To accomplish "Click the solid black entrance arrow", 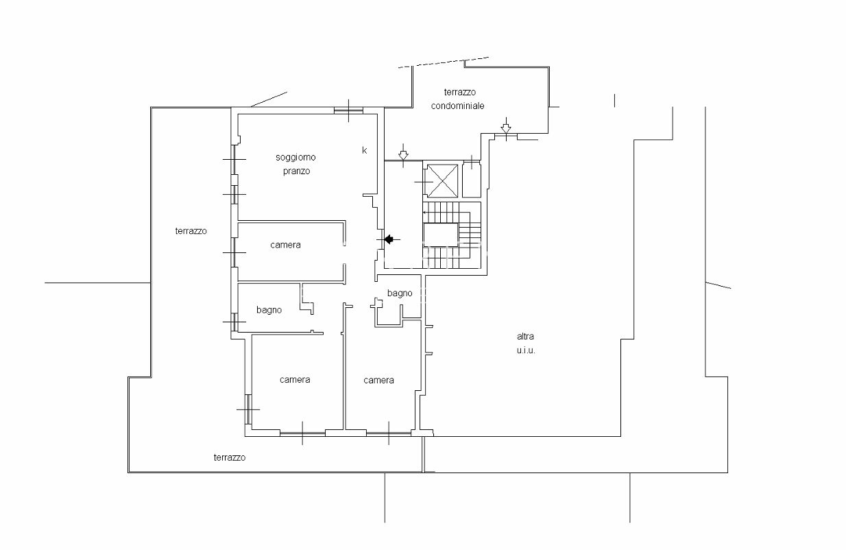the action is [389, 239].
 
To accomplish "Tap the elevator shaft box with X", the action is [442, 180].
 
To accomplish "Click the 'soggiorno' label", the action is [295, 157].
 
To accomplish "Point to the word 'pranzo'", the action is [296, 171].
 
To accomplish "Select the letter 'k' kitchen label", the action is [365, 150].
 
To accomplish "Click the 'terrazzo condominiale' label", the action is [458, 99].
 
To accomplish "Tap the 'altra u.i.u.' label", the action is [526, 343].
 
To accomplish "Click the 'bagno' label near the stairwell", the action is [400, 293].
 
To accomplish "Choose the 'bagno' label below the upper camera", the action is [269, 310].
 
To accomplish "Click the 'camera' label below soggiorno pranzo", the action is [285, 245].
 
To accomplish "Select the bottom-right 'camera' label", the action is [378, 380].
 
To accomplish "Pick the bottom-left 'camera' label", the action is [295, 379].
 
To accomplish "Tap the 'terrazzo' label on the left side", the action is [191, 231].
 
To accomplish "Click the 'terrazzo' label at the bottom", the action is [230, 457].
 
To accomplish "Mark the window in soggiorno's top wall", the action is [348, 110].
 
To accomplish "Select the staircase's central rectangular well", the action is [441, 235].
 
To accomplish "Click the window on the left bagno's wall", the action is [234, 322].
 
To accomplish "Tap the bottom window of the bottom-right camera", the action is [389, 433].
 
